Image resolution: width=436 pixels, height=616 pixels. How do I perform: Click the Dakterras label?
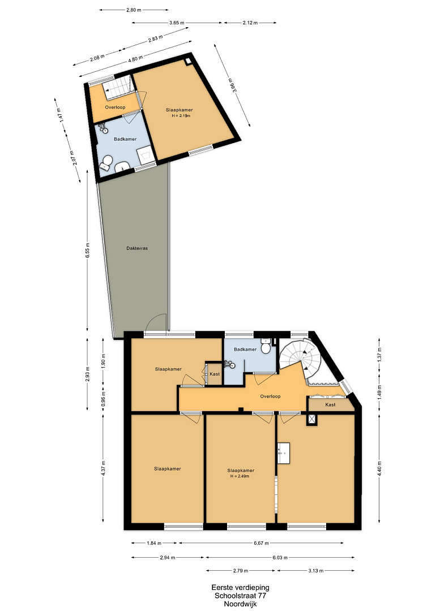[x=137, y=248]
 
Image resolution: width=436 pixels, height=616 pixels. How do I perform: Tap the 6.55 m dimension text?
[x=88, y=249]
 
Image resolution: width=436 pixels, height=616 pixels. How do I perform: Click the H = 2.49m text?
[x=240, y=476]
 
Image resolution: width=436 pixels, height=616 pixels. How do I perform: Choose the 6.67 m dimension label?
[x=261, y=544]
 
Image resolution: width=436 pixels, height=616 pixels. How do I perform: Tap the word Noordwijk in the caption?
[x=240, y=604]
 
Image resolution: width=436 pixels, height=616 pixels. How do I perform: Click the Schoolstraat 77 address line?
[x=240, y=596]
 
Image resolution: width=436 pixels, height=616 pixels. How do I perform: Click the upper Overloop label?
[x=115, y=107]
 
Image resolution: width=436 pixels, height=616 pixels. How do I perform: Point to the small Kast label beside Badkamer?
[x=215, y=374]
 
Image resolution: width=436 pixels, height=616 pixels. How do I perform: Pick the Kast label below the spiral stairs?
[x=330, y=404]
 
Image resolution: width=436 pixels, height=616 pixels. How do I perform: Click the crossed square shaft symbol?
[x=312, y=419]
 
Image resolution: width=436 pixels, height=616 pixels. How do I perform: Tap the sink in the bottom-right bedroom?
[x=284, y=453]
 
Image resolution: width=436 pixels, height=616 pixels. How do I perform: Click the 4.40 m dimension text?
[x=379, y=469]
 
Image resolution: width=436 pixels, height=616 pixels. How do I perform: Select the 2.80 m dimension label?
[x=134, y=10]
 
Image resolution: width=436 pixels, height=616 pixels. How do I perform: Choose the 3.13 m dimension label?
[x=316, y=571]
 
